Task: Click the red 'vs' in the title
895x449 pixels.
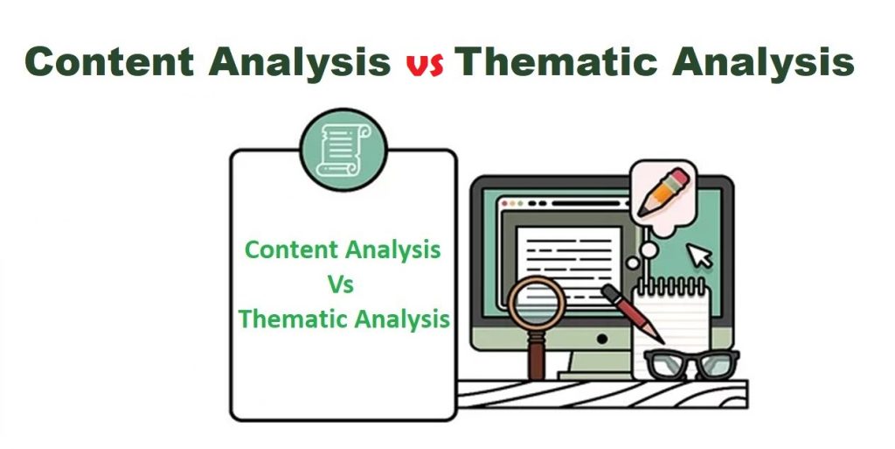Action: pyautogui.click(x=425, y=64)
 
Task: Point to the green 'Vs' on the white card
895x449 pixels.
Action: pyautogui.click(x=339, y=284)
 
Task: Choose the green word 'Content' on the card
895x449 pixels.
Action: pyautogui.click(x=290, y=250)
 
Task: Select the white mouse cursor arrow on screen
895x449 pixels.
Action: pyautogui.click(x=699, y=255)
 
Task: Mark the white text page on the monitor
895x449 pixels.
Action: pyautogui.click(x=569, y=253)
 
